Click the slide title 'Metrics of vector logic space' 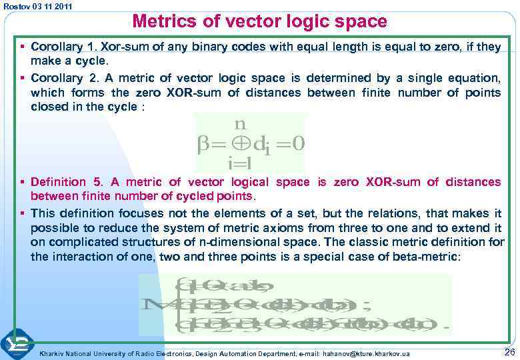pos(259,22)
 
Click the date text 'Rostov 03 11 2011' pos(39,6)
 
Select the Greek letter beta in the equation pos(203,144)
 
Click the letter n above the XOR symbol pos(241,124)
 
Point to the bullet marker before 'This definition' pos(23,213)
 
